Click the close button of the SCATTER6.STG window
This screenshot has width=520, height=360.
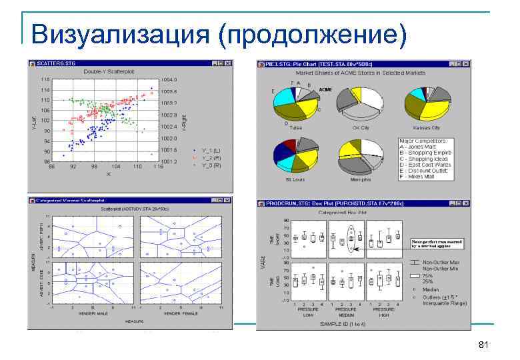pos(228,63)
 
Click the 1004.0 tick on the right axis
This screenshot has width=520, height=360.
pos(169,79)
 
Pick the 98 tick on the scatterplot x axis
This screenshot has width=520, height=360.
pos(95,165)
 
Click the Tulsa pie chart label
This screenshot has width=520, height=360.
pos(296,127)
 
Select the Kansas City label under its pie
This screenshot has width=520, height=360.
pos(427,127)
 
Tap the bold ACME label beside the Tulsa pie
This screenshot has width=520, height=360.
pos(325,89)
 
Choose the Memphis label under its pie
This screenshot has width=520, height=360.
pos(361,179)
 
